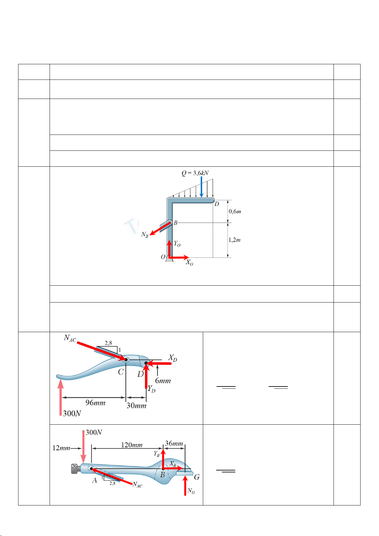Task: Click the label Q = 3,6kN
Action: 195,173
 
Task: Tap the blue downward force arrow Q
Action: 201,187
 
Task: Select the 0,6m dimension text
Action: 235,211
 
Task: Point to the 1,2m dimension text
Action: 235,240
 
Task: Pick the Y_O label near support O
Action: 177,244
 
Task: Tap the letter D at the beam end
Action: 217,204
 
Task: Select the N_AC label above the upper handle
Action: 70,338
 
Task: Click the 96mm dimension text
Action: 95,403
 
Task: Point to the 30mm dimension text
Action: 136,406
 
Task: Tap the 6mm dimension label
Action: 163,381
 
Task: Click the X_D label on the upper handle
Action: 173,358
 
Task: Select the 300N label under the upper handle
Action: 72,413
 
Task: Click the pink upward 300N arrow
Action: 60,397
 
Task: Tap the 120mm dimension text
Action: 132,445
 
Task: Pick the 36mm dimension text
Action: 174,443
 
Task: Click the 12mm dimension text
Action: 61,448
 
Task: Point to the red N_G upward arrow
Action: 185,486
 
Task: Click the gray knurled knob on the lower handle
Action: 75,469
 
